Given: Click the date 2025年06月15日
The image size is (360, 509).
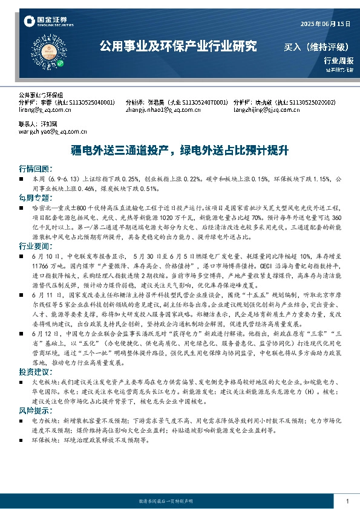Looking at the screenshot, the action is pos(326,24).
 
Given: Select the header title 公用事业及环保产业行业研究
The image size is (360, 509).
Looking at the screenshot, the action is pos(177,45).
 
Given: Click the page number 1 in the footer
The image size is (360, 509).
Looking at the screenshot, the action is pos(347,501).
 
